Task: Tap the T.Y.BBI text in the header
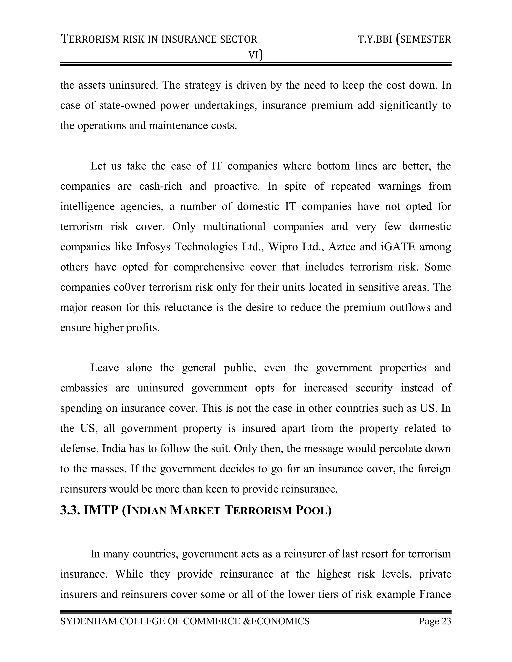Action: (375, 39)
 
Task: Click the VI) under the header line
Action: (256, 55)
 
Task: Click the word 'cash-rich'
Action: (161, 186)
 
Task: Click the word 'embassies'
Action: (84, 388)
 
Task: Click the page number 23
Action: (446, 621)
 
